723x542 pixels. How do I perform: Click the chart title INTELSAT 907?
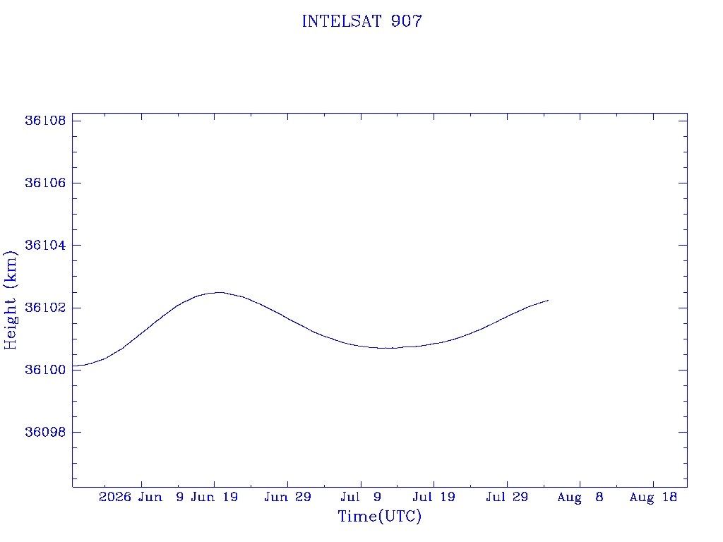[x=361, y=21]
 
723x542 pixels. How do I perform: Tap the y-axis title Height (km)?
[x=10, y=301]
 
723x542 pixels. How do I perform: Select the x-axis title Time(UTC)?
[x=379, y=516]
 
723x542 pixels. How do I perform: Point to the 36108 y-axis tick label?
[x=45, y=121]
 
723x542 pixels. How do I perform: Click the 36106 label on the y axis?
[x=45, y=183]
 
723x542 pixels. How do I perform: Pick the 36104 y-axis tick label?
[x=45, y=245]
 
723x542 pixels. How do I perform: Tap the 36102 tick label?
[x=45, y=308]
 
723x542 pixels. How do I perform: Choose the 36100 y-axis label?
[x=45, y=370]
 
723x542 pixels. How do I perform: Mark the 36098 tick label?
[x=45, y=433]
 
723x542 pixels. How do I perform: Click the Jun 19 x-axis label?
[x=215, y=497]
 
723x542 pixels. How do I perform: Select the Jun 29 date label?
[x=288, y=497]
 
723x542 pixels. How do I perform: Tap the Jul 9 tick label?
[x=361, y=497]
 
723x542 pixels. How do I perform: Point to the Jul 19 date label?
[x=434, y=497]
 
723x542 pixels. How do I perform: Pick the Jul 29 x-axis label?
[x=507, y=497]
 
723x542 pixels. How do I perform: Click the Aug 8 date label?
[x=580, y=498]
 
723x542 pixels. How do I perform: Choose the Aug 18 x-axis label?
[x=653, y=498]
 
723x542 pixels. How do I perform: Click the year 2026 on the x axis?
[x=115, y=497]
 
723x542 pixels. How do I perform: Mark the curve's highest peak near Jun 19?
[x=219, y=292]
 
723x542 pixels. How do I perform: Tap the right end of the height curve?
[x=548, y=300]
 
